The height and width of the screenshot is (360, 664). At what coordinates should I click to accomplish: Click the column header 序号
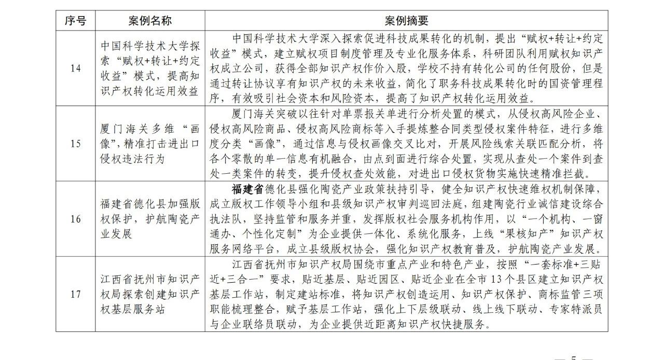76,21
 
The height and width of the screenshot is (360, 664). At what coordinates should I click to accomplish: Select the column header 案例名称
150,21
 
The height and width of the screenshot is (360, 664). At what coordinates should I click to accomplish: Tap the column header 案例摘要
406,21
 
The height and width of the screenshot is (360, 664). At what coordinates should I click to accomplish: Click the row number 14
76,68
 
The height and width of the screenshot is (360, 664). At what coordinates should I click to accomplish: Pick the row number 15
76,144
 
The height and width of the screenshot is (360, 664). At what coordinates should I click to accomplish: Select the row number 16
76,219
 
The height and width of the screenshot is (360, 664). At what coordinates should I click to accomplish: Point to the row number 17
76,294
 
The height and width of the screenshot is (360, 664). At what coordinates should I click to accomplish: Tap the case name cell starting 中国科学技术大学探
150,68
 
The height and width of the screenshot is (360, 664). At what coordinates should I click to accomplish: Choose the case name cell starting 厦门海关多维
150,144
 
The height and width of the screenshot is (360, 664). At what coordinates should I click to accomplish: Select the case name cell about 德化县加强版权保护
150,219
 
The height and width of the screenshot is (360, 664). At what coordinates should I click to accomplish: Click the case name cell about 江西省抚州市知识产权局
150,294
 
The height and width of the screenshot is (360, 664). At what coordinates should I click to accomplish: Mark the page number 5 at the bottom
573,357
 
